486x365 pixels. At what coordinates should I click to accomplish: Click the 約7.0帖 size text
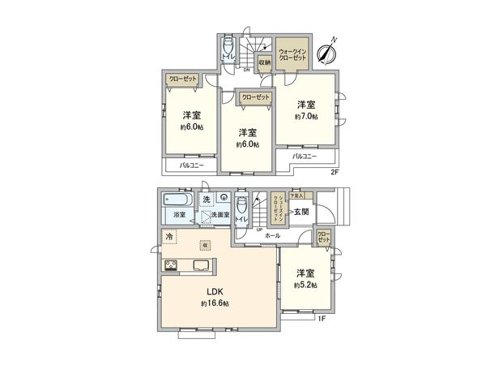point(306,117)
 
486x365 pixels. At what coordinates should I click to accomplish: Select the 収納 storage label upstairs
point(264,62)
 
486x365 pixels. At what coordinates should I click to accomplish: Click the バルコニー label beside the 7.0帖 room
point(304,155)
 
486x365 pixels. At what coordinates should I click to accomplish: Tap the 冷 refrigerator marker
point(169,236)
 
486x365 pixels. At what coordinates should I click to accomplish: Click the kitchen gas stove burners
point(173,266)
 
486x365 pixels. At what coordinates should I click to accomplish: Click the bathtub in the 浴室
point(175,200)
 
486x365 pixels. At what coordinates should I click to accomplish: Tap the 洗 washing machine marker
point(207,200)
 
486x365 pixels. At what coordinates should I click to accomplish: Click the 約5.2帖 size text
point(305,286)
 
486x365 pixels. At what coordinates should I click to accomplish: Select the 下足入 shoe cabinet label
point(296,195)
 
